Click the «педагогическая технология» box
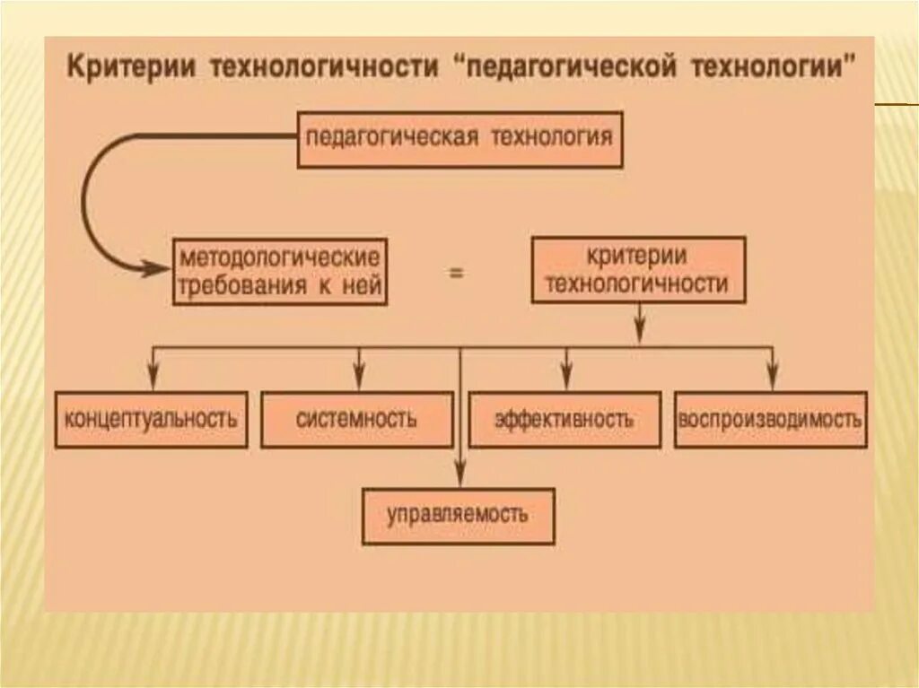click(459, 139)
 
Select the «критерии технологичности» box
click(637, 270)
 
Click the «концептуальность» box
click(152, 419)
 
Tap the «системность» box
click(356, 419)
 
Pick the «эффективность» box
click(565, 419)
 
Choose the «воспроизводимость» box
click(770, 419)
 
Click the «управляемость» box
click(458, 516)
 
